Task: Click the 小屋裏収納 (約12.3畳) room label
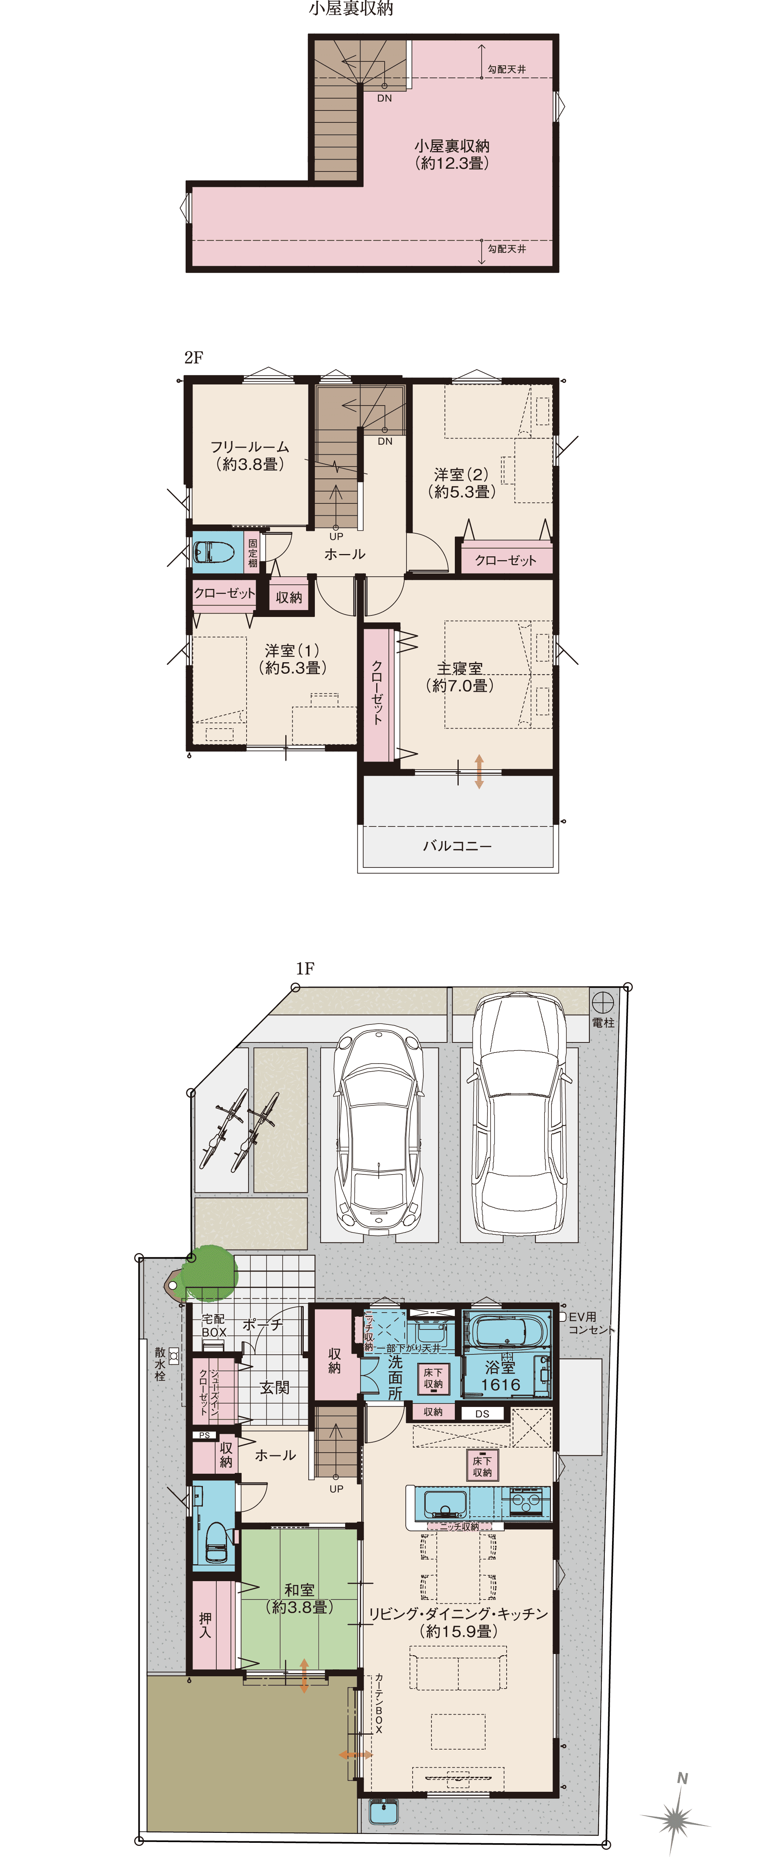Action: (452, 154)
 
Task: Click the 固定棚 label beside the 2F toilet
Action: (252, 553)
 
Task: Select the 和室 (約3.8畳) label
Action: (299, 1598)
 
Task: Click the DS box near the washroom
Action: (482, 1413)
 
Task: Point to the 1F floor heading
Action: (305, 968)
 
